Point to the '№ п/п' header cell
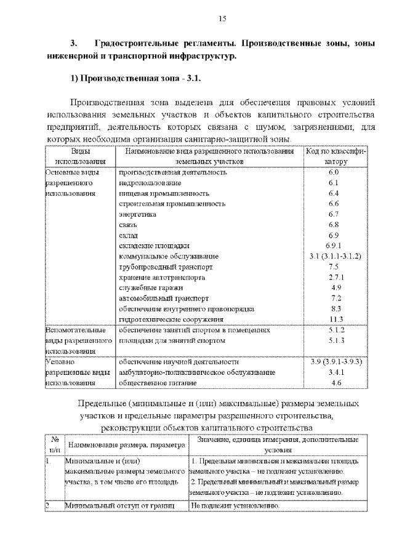point(54,445)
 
